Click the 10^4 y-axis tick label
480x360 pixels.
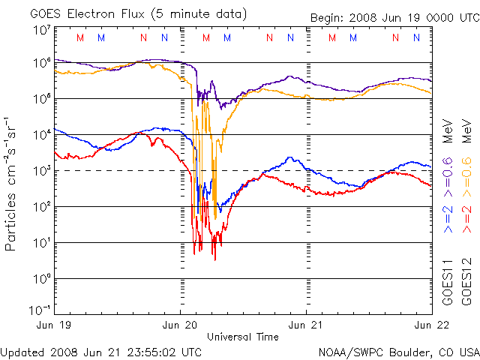coord(41,135)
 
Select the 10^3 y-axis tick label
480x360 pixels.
coord(41,171)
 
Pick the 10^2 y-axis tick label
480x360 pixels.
coord(41,207)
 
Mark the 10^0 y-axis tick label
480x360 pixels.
coord(41,279)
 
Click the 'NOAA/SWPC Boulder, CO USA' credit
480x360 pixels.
coord(398,351)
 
